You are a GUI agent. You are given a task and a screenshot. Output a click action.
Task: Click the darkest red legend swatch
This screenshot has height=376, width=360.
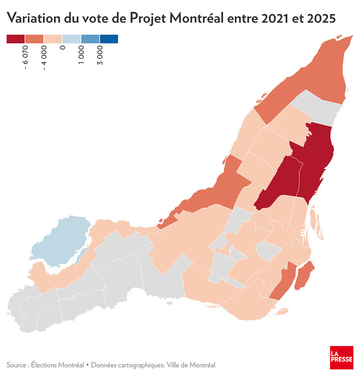16,39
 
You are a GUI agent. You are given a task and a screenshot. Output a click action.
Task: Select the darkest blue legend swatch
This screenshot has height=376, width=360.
109,39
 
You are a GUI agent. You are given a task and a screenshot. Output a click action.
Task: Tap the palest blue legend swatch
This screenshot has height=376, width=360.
72,39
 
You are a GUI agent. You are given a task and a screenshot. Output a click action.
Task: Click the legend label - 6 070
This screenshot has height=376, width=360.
25,57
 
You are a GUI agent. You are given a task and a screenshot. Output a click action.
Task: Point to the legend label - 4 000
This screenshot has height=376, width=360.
44,57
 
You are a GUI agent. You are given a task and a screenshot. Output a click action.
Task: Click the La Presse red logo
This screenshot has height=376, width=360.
341,357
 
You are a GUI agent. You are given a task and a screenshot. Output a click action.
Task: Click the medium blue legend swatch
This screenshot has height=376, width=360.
90,39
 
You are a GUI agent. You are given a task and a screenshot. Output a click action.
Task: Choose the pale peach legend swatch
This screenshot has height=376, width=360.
53,39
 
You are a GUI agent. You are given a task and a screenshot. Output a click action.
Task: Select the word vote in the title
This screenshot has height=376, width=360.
93,18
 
